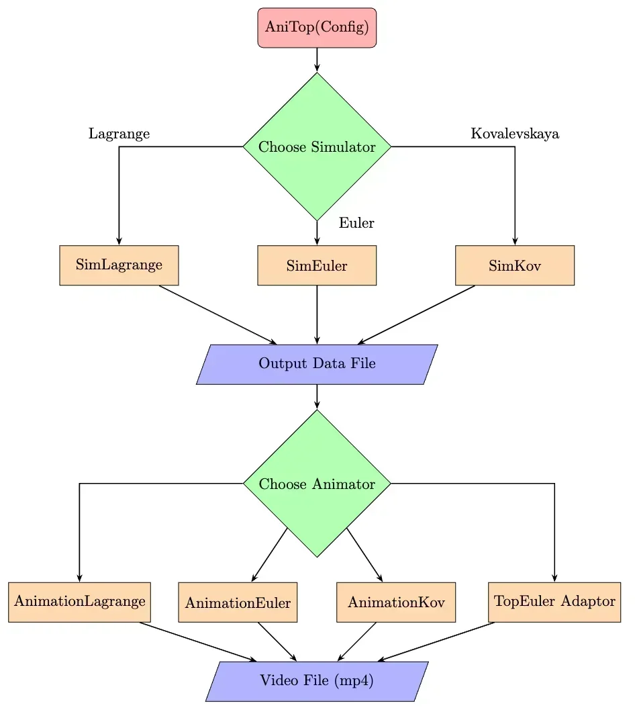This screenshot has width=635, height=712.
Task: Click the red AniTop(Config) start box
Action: [x=317, y=28]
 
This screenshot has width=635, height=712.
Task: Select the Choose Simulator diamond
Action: [x=317, y=146]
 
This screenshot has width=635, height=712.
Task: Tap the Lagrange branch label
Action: [x=119, y=134]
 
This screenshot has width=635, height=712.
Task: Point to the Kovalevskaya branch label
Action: [x=515, y=134]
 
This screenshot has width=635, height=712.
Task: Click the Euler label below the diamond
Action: [x=356, y=223]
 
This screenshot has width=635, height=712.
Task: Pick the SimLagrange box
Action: [x=119, y=265]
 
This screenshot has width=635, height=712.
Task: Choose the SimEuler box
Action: [x=317, y=265]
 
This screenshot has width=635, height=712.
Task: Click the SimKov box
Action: [x=515, y=265]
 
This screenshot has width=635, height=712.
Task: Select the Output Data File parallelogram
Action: [x=317, y=364]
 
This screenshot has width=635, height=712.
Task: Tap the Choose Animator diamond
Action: [x=317, y=484]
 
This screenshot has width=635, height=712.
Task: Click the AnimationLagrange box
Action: [x=79, y=602]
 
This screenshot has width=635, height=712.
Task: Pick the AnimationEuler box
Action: [x=238, y=603]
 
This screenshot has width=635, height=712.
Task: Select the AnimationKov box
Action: [x=396, y=603]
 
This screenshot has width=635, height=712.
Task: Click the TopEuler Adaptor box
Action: [x=554, y=602]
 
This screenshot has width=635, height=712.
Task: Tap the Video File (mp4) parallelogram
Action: [x=317, y=680]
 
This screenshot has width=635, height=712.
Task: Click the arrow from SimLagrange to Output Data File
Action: [x=217, y=314]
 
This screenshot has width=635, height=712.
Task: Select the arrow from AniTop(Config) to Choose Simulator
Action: [x=317, y=59]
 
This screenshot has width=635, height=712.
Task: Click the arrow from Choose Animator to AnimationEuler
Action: [x=270, y=554]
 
